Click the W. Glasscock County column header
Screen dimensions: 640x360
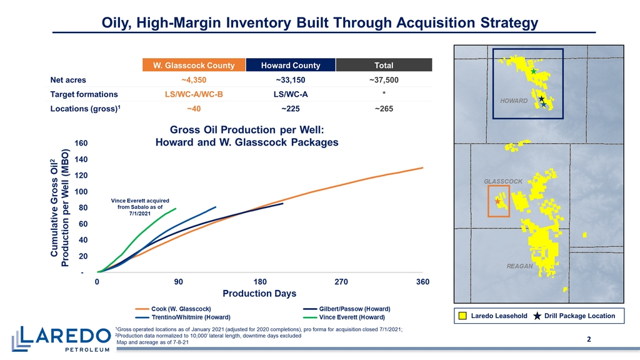pyautogui.click(x=194, y=65)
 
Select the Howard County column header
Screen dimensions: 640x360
pyautogui.click(x=291, y=65)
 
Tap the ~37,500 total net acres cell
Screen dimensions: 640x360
pyautogui.click(x=384, y=80)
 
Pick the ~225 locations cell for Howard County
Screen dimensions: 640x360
pyautogui.click(x=291, y=109)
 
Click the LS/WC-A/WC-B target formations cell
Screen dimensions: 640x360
pyautogui.click(x=194, y=94)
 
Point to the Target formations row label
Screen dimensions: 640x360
pyautogui.click(x=84, y=94)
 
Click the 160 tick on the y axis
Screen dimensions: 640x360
pyautogui.click(x=81, y=143)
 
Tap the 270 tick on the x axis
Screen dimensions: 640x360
pyautogui.click(x=341, y=282)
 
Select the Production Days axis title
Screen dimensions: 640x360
pyautogui.click(x=259, y=294)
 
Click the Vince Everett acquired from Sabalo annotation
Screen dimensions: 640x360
pyautogui.click(x=140, y=207)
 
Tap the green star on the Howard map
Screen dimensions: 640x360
pyautogui.click(x=534, y=71)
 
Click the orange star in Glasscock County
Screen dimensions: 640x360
pyautogui.click(x=497, y=201)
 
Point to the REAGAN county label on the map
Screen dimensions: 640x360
pyautogui.click(x=519, y=266)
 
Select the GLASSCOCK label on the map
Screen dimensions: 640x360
pyautogui.click(x=503, y=181)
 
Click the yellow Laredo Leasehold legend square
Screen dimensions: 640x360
pyautogui.click(x=463, y=316)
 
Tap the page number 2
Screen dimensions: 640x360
pyautogui.click(x=589, y=339)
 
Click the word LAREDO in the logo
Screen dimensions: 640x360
pyautogui.click(x=65, y=336)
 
